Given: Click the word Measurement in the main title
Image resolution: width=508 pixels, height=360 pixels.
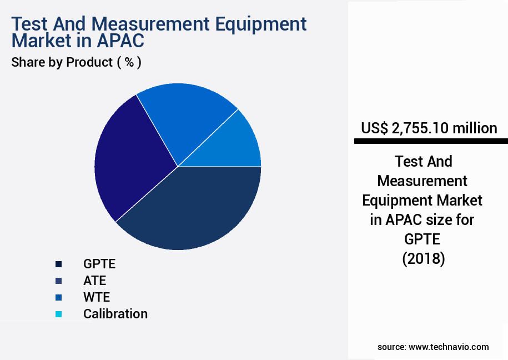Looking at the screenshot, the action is tap(150, 24).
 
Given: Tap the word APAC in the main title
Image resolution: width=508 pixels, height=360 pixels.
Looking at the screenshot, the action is tap(120, 41).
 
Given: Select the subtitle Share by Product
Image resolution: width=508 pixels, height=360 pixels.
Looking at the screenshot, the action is tap(62, 62).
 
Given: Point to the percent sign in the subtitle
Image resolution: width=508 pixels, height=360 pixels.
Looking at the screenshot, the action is tap(129, 62).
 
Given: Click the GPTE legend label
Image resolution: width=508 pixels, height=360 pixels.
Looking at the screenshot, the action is tap(99, 264).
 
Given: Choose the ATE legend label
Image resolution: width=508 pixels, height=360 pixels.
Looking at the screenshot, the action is tap(94, 281).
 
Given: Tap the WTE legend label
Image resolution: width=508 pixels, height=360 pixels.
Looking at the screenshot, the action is tap(97, 297).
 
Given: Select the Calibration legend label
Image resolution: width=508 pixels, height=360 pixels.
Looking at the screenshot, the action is tap(115, 314).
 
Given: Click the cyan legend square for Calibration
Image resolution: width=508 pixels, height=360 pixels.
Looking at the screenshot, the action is tap(59, 314).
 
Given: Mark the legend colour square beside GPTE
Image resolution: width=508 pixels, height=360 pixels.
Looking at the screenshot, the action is tap(59, 264).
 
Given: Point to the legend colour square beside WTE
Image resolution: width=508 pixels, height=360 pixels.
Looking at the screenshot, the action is tap(59, 297).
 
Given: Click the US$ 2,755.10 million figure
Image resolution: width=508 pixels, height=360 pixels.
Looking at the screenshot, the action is tap(429, 128).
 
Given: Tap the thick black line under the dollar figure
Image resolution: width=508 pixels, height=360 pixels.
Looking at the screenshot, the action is tap(431, 141).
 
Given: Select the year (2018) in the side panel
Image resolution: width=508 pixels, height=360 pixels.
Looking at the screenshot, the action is tap(424, 259).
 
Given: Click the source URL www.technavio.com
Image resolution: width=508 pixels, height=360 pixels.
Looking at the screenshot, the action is tap(449, 347).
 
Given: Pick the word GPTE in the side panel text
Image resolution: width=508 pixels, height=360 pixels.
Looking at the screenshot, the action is tap(422, 239).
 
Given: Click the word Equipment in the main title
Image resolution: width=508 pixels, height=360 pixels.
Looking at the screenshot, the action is tap(261, 24).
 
